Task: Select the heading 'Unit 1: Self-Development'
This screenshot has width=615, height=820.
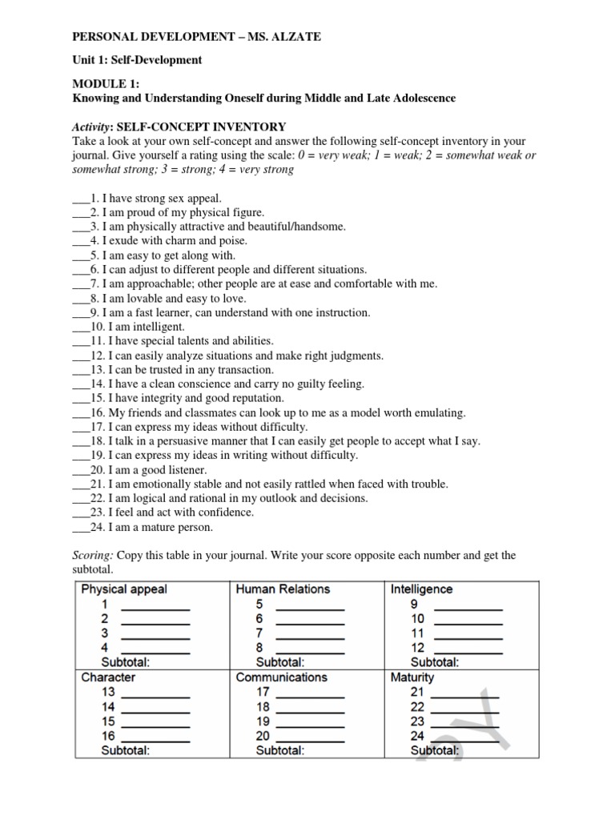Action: pos(138,60)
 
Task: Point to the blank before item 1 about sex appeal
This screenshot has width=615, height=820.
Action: pos(80,198)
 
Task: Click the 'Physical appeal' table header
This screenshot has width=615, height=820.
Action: pos(124,589)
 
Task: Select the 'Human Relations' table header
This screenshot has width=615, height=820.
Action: pos(283,589)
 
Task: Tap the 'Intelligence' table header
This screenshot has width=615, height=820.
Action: pos(421,589)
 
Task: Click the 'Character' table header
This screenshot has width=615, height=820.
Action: pos(108,677)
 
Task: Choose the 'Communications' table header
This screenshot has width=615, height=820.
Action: pos(281,677)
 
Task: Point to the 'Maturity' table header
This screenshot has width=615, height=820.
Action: pos(412,677)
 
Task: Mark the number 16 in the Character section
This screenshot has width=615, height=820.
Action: pos(108,736)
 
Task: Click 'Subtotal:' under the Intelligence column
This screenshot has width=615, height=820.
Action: pos(435,662)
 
